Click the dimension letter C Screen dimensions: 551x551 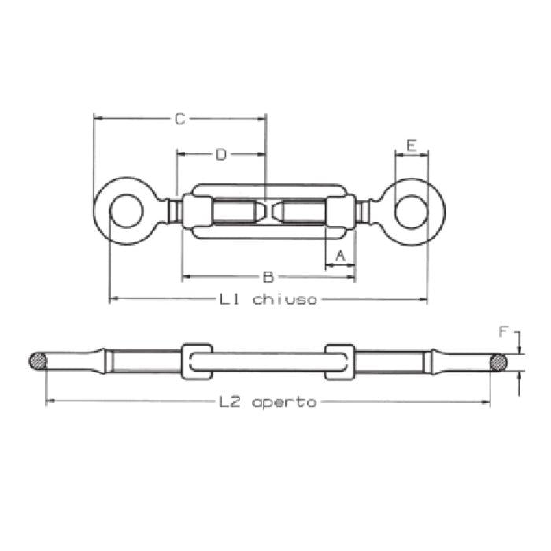[x=179, y=119]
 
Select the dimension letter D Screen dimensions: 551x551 [x=221, y=155]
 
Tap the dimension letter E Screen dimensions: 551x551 [x=410, y=145]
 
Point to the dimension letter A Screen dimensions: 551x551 [x=340, y=256]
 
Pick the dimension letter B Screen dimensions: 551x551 [x=268, y=277]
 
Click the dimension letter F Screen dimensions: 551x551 [x=504, y=332]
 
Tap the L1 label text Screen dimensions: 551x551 [x=231, y=299]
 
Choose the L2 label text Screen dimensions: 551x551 [x=229, y=402]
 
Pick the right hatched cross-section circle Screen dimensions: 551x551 [x=498, y=362]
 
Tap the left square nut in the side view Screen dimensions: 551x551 [x=196, y=362]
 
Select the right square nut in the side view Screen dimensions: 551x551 [x=339, y=362]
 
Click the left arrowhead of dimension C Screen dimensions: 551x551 [x=98, y=119]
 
